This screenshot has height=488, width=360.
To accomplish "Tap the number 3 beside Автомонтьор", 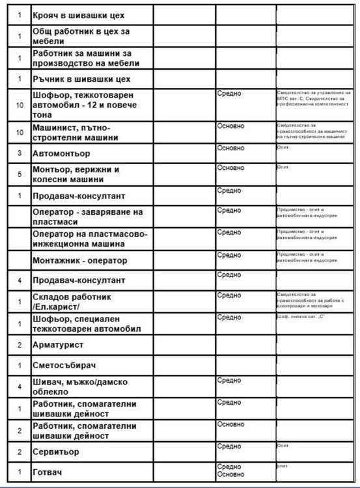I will click(x=20, y=154).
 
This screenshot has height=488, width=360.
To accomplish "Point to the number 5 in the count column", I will click(x=20, y=174).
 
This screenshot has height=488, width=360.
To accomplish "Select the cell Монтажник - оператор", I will click(x=80, y=261).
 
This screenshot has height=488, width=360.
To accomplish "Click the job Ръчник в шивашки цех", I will click(x=81, y=79).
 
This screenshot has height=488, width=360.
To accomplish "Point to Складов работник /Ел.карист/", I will click(x=72, y=302).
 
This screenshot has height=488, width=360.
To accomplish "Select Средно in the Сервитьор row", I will click(x=229, y=446).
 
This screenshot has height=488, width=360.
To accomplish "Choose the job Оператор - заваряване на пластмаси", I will click(x=87, y=217).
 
